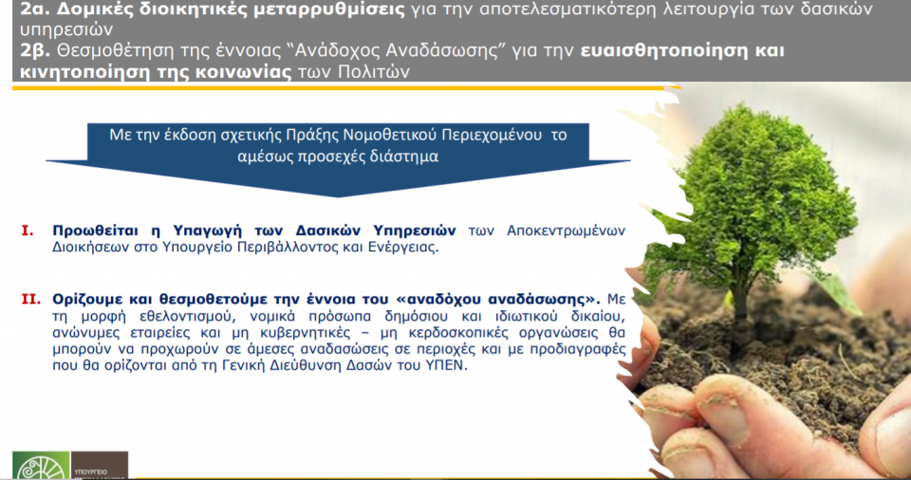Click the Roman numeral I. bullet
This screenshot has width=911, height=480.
coord(28,231)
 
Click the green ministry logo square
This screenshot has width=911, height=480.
coord(40,467)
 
